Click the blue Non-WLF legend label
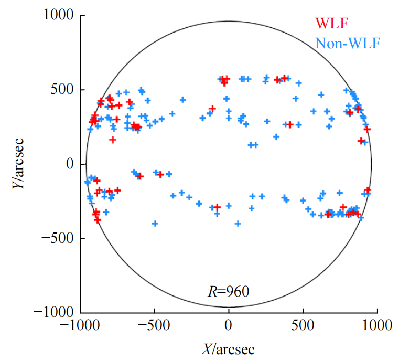click(x=347, y=43)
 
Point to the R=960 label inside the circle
click(x=227, y=290)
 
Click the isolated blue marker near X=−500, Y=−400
click(x=155, y=224)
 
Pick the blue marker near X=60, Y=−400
click(x=238, y=224)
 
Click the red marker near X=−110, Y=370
click(x=212, y=109)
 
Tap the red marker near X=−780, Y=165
click(x=113, y=140)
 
